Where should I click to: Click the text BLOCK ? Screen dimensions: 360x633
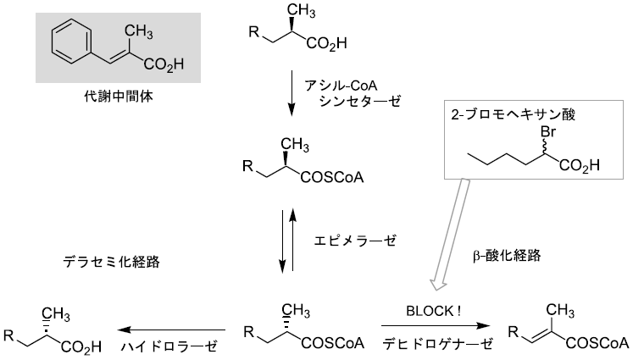coord(432,310)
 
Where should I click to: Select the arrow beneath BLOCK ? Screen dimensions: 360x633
coord(432,326)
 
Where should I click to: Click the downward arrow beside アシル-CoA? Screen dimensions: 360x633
coord(292,92)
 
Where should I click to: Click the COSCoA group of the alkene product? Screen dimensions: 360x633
coord(597,343)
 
